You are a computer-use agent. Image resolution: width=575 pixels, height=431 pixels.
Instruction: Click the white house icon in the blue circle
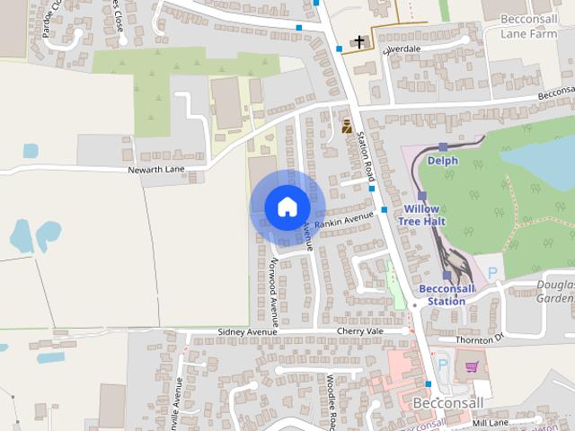[286, 207]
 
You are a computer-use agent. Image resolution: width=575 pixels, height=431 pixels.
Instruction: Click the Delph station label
[442, 161]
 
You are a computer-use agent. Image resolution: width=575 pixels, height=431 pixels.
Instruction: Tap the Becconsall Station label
[443, 295]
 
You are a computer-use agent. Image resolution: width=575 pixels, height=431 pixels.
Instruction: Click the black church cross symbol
[359, 42]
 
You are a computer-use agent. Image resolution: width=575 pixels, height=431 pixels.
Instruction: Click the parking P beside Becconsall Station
[491, 271]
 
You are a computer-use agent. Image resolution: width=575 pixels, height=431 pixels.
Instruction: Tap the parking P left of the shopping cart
[442, 365]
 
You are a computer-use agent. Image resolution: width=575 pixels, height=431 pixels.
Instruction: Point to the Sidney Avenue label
[248, 331]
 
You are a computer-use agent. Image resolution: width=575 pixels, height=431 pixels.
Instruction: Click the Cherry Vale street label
[359, 330]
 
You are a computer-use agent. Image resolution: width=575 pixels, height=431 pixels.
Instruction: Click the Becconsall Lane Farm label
[529, 25]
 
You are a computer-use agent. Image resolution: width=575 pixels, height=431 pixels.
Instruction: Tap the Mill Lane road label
[490, 422]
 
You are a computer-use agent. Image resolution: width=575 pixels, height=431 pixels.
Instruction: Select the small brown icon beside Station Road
[347, 126]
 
